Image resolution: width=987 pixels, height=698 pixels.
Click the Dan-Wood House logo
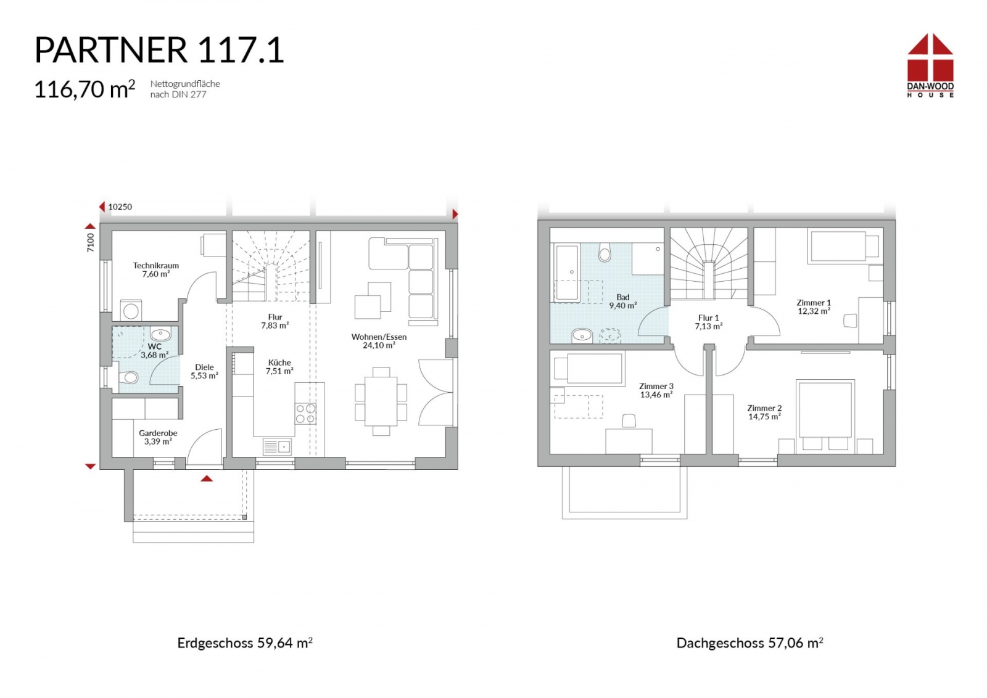pos(930,65)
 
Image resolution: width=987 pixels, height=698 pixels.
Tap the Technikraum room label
pos(156,266)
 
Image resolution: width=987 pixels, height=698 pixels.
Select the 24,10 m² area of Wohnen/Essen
pos(379,346)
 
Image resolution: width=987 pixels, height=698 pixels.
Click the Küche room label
pos(279,363)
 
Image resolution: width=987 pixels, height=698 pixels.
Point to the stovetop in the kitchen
pos(305,414)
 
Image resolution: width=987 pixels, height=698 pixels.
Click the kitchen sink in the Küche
pos(277,446)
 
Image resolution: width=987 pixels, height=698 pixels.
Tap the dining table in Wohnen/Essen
pos(381,401)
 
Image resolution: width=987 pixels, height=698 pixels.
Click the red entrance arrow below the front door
pos(207,478)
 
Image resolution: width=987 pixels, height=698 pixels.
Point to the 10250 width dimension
pos(120,207)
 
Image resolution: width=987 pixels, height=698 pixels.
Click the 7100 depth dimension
pos(90,242)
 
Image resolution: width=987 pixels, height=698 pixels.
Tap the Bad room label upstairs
pos(623,297)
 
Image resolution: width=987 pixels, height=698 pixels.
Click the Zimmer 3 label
pos(656,386)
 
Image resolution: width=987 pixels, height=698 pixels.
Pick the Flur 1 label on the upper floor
pos(709,318)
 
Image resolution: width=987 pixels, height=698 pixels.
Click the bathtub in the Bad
pos(567,274)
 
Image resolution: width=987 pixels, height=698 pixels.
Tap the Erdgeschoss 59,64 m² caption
pos(245,643)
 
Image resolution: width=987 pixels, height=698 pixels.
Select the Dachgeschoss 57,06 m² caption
pos(750,643)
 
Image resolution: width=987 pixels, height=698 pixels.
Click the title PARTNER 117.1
pos(159,50)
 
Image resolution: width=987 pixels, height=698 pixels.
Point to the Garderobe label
pos(158,433)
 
